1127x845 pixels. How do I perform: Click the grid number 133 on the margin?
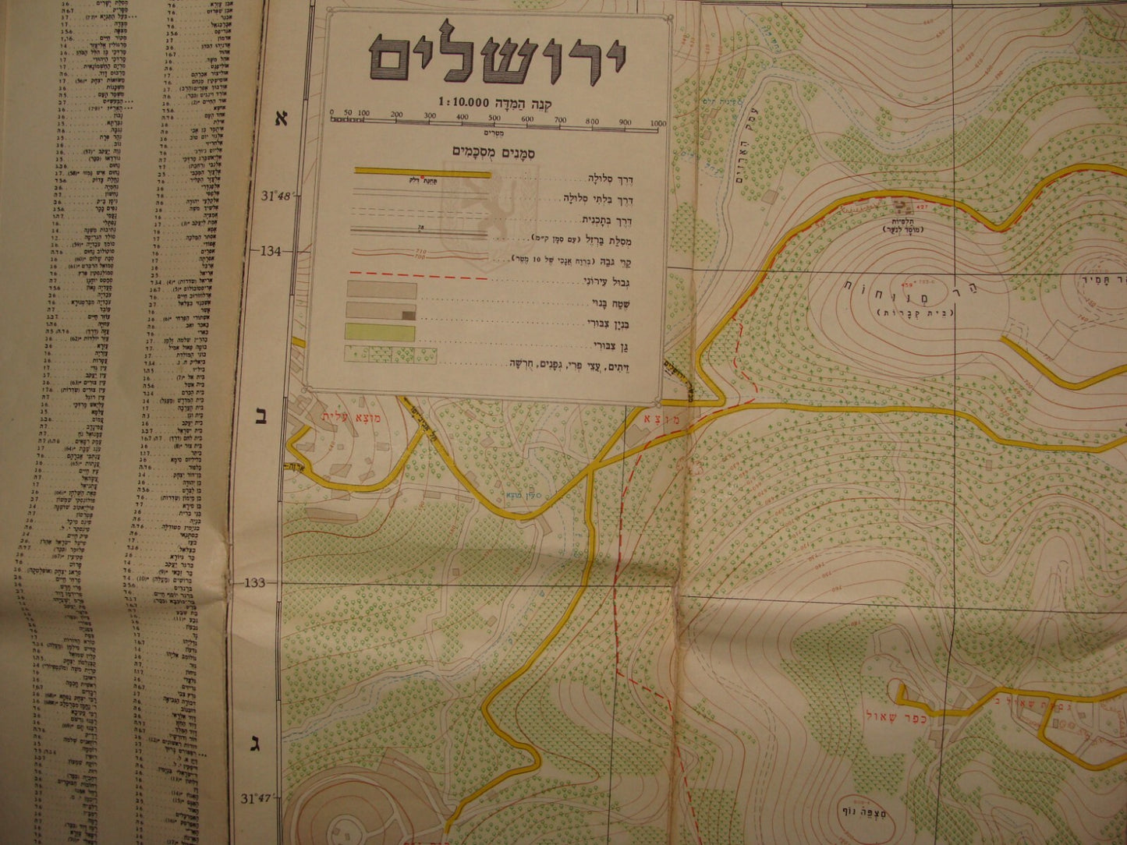coord(256,583)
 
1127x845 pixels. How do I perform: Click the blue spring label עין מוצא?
coord(520,494)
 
